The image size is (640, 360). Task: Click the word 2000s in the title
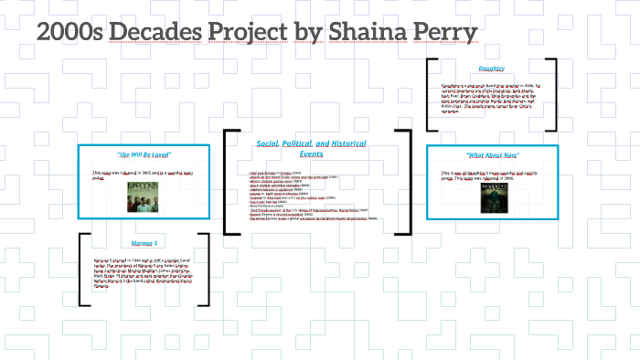[69, 34]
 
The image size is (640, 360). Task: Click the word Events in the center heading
[311, 154]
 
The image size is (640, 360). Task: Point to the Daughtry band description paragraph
[492, 97]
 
